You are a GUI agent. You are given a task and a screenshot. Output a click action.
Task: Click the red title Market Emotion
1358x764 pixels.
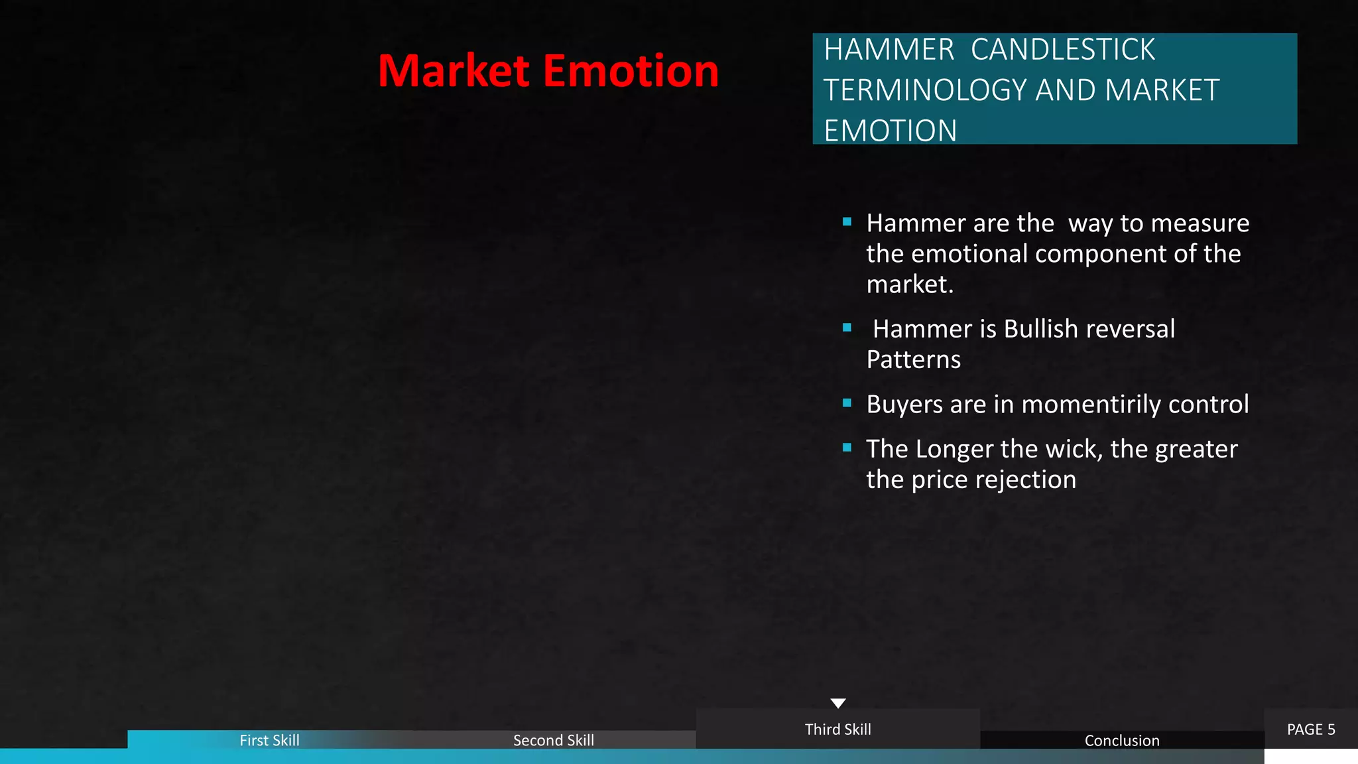click(x=548, y=71)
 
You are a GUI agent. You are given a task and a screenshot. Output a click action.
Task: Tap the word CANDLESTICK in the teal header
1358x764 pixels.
click(x=1062, y=50)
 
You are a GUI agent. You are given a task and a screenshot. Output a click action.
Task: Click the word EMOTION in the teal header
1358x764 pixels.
click(x=890, y=131)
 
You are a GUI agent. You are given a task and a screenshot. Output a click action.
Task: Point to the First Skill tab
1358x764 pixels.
click(x=269, y=740)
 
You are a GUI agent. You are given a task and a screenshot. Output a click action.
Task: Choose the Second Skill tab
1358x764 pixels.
click(x=553, y=740)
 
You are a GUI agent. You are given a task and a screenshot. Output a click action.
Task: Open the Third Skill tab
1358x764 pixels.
click(x=837, y=730)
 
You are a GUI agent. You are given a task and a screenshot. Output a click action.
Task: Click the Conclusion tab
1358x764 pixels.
click(x=1121, y=740)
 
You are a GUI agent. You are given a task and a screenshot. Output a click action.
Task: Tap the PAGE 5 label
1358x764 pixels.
click(x=1310, y=730)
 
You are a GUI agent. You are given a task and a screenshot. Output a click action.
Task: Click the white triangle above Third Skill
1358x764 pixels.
click(x=838, y=703)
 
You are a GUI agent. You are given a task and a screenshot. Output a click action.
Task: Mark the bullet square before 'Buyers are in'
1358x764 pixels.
click(x=847, y=403)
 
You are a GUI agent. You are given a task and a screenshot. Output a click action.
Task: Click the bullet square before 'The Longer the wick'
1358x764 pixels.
click(x=847, y=448)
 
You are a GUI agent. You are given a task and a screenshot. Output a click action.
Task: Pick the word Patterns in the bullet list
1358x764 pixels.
click(x=913, y=359)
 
